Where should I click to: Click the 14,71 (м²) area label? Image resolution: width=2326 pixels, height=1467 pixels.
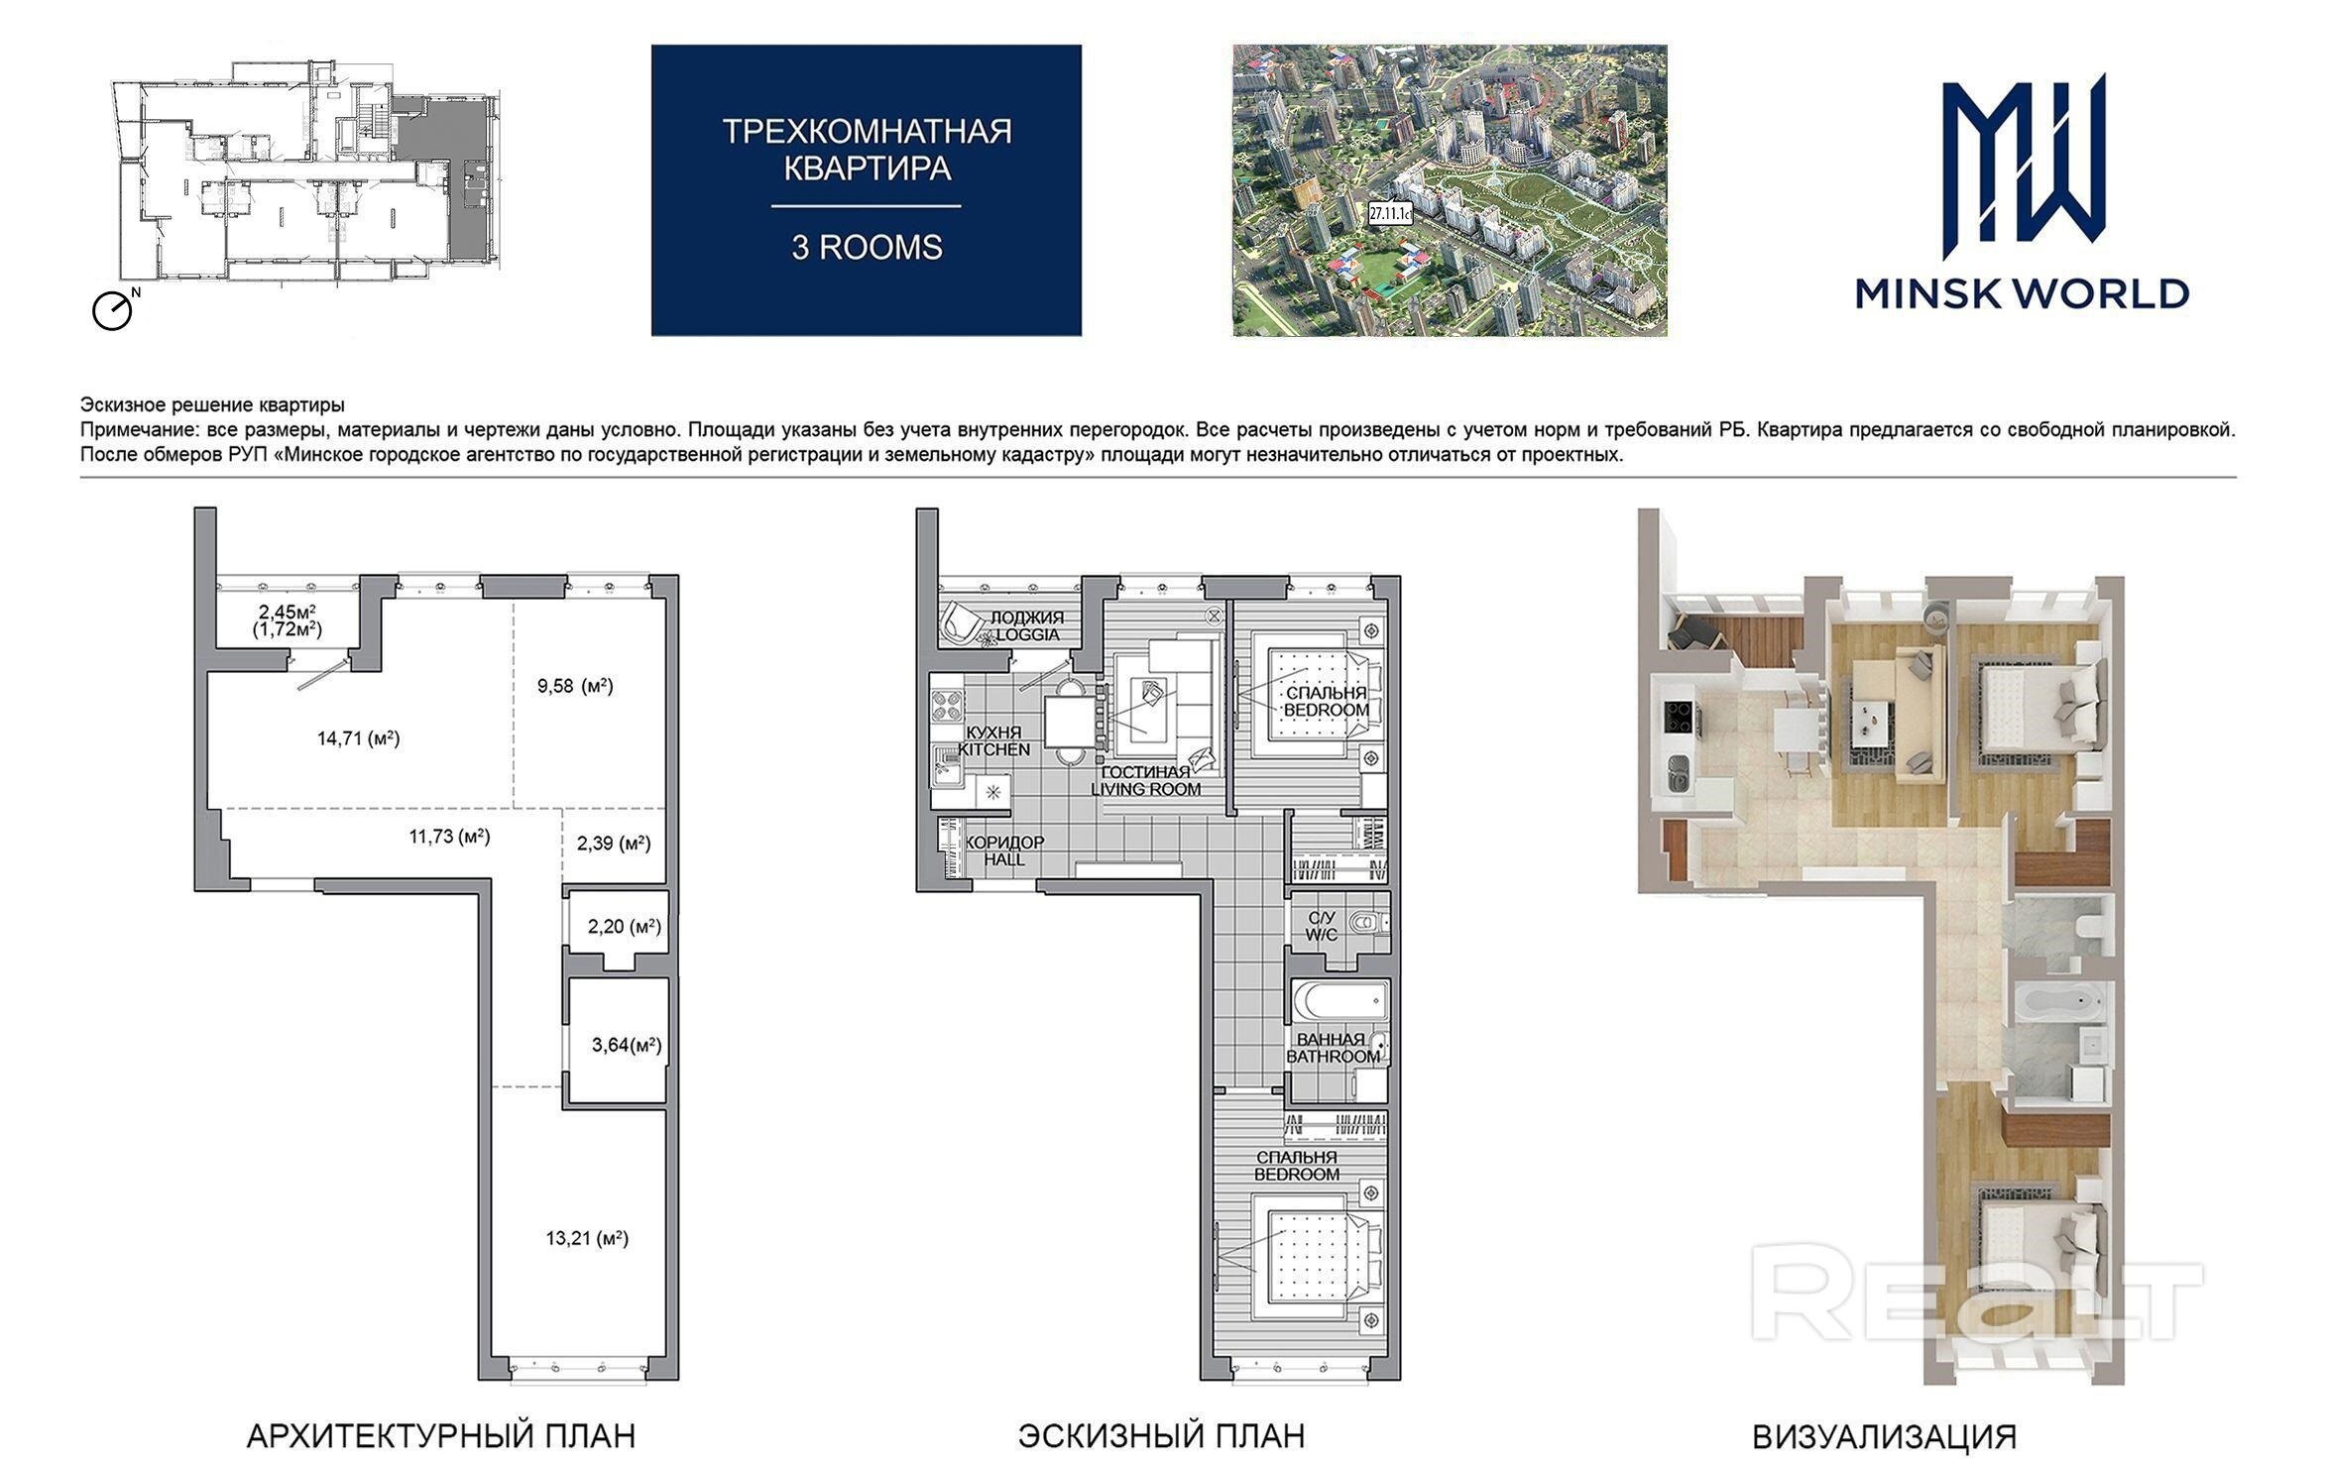tap(358, 738)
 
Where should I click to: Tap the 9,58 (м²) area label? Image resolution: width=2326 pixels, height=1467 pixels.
tap(575, 686)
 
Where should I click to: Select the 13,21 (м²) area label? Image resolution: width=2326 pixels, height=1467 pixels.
tap(587, 1238)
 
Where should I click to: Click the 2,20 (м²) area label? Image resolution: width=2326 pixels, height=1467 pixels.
tap(625, 927)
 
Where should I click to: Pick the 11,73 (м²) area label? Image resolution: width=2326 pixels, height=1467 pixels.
tap(449, 837)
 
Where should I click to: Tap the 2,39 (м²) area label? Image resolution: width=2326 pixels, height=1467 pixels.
tap(614, 844)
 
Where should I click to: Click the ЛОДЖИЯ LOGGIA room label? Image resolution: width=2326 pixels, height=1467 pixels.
tap(1027, 626)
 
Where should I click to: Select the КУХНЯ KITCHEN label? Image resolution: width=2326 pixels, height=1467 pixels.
tap(993, 741)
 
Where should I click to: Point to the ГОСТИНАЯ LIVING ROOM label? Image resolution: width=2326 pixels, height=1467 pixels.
tap(1145, 781)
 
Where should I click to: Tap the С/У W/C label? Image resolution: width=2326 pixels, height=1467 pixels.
tap(1322, 927)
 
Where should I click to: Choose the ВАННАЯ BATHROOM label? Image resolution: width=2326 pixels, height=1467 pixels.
tap(1334, 1048)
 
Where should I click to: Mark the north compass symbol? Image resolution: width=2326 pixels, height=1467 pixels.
tap(114, 309)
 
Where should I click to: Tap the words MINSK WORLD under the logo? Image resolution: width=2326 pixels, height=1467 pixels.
tap(2023, 293)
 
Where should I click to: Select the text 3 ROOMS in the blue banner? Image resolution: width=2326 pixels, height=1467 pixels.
tap(867, 247)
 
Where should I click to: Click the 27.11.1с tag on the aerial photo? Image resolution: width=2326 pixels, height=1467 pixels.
tap(1389, 212)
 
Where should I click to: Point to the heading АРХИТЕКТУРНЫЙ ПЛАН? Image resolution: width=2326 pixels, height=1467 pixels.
tap(440, 1435)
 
